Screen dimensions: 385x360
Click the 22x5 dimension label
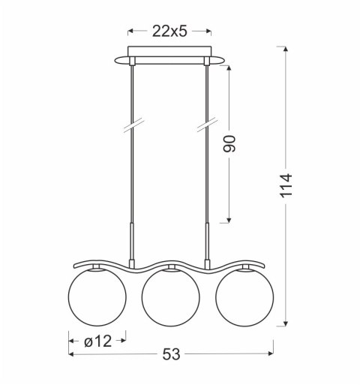[x=169, y=32]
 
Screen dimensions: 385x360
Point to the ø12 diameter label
[x=97, y=341]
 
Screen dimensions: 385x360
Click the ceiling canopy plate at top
[x=169, y=59]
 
